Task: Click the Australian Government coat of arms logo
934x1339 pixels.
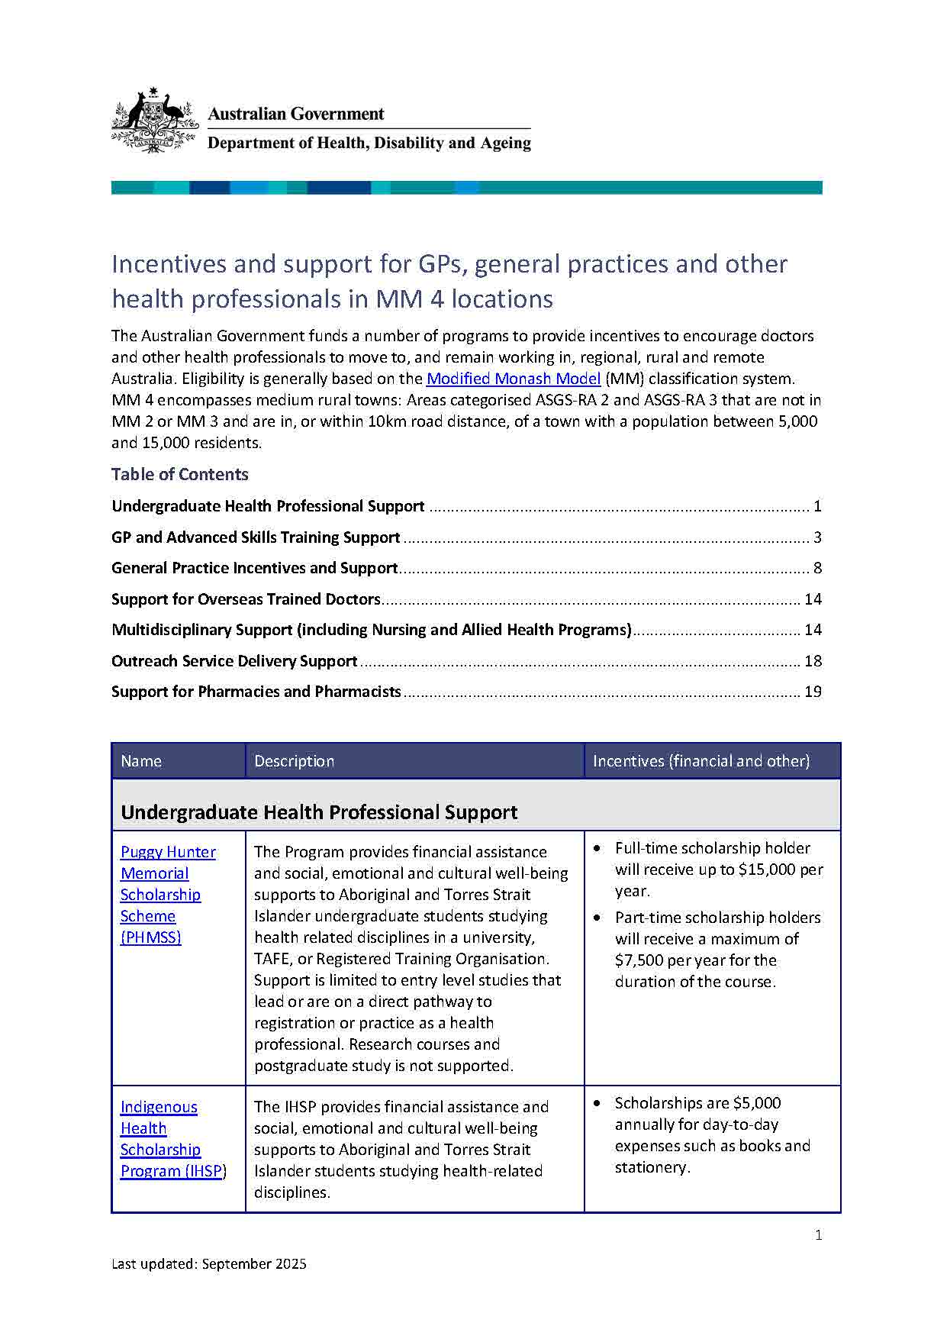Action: (x=155, y=121)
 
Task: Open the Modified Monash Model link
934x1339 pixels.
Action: (x=514, y=379)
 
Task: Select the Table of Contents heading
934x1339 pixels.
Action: (x=180, y=474)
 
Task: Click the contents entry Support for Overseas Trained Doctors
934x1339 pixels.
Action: (x=246, y=599)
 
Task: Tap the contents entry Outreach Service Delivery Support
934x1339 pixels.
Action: (x=234, y=661)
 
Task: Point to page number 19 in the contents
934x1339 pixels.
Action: (x=813, y=692)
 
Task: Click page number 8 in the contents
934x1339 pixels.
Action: (x=817, y=568)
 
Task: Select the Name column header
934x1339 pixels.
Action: (x=141, y=761)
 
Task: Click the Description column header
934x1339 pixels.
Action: (x=294, y=761)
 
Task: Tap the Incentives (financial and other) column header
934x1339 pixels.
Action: (x=700, y=761)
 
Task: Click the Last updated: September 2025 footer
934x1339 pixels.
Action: (x=209, y=1264)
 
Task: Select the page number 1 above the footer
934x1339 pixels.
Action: (x=818, y=1235)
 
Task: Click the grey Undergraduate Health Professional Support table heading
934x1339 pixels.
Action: (x=319, y=812)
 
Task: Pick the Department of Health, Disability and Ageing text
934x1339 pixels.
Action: (x=369, y=143)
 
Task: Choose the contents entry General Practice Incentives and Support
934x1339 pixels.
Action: (x=254, y=568)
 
